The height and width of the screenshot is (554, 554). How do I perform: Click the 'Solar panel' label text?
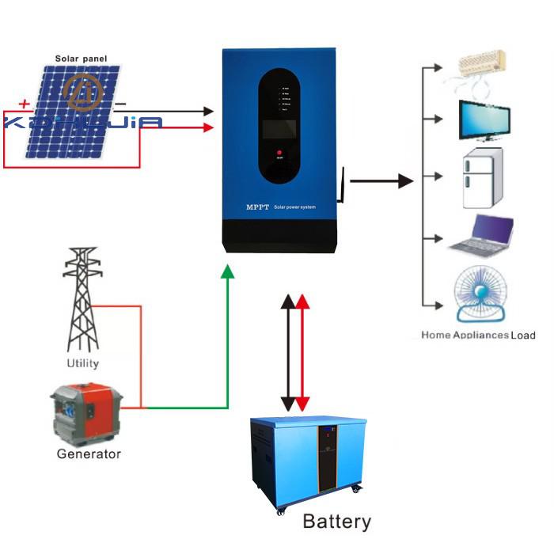pyautogui.click(x=81, y=59)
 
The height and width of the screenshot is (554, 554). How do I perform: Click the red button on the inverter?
pyautogui.click(x=279, y=150)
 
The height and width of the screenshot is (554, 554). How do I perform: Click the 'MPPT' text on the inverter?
pyautogui.click(x=258, y=207)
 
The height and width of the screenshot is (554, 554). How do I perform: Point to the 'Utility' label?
pyautogui.click(x=83, y=363)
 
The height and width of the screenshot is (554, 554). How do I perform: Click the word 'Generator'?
pyautogui.click(x=89, y=454)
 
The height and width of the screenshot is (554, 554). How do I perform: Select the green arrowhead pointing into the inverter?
pyautogui.click(x=228, y=271)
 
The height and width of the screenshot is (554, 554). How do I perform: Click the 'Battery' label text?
pyautogui.click(x=336, y=522)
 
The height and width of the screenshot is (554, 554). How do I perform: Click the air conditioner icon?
pyautogui.click(x=480, y=65)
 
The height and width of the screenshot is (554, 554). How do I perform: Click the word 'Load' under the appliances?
pyautogui.click(x=523, y=335)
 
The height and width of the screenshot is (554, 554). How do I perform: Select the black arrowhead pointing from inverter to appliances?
pyautogui.click(x=405, y=181)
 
